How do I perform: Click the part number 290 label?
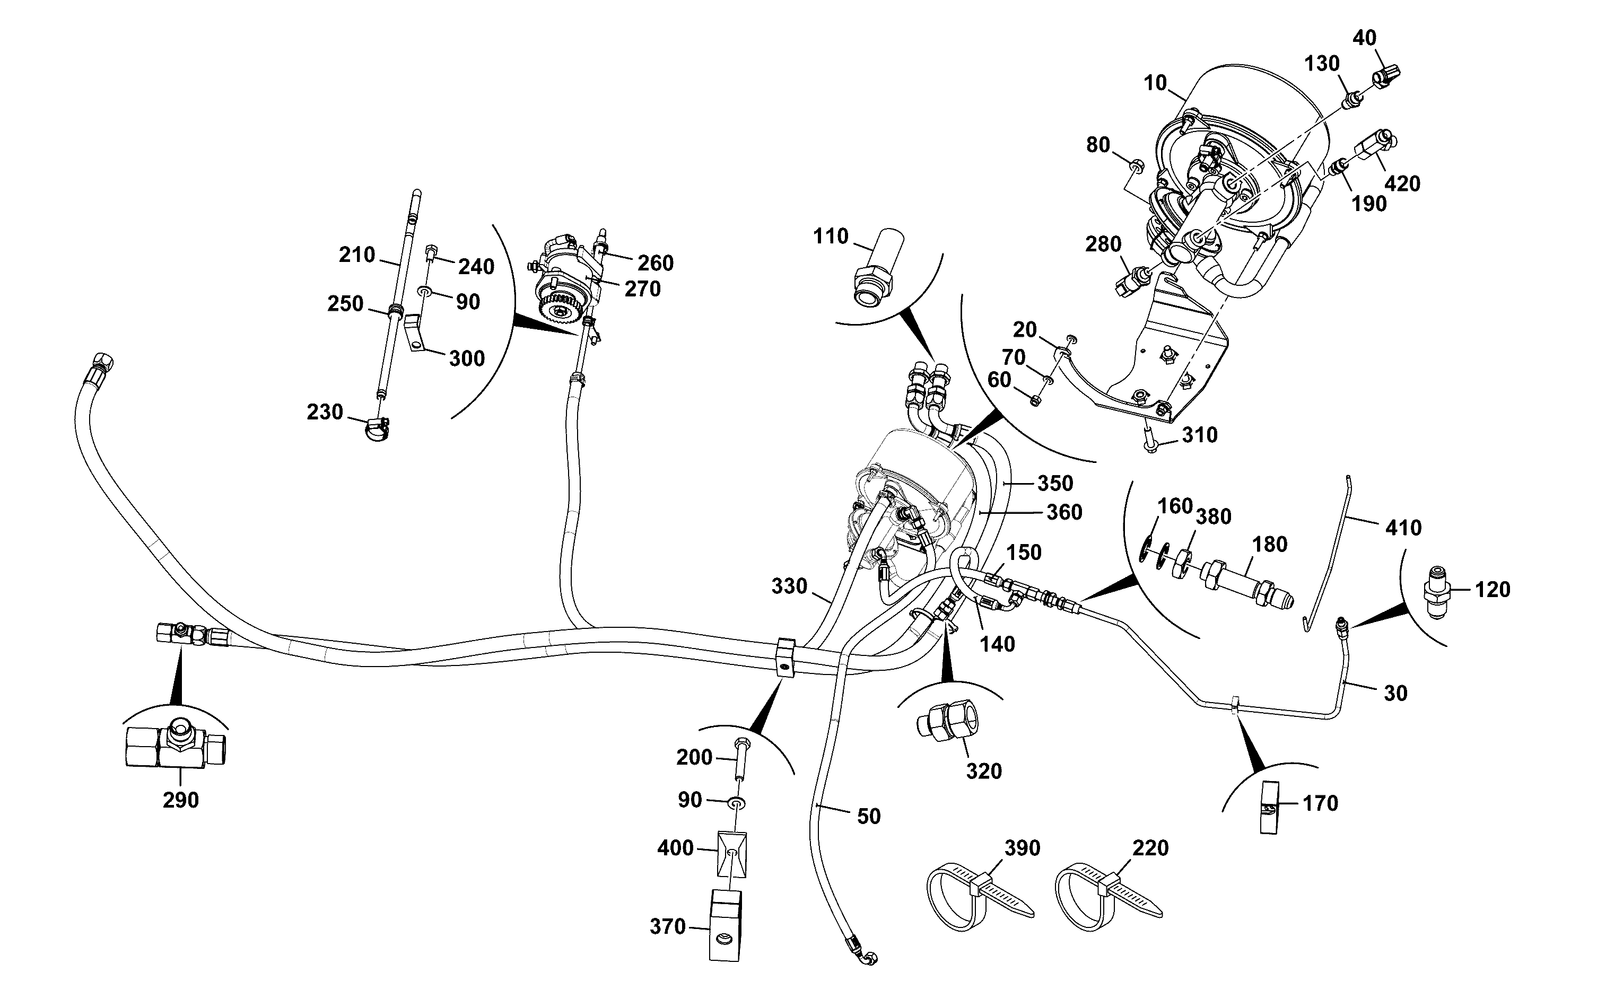point(180,801)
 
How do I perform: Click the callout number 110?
point(831,236)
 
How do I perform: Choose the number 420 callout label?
point(1402,183)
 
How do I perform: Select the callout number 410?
point(1403,528)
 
